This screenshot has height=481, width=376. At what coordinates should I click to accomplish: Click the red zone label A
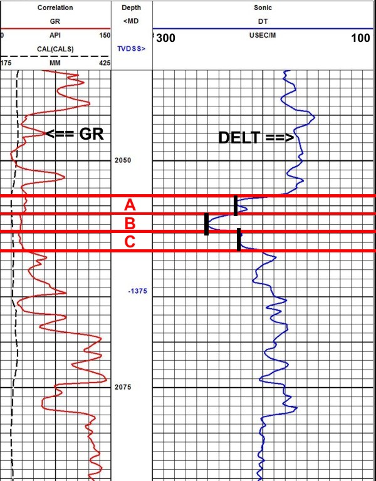[x=130, y=205]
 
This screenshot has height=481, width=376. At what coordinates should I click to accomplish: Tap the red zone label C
[x=130, y=242]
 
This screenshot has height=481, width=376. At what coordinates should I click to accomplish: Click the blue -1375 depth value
[x=137, y=292]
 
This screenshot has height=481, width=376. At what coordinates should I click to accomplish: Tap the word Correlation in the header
[x=55, y=8]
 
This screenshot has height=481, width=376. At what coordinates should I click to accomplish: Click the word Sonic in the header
[x=263, y=8]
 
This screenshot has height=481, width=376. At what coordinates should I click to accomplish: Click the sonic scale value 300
[x=166, y=38]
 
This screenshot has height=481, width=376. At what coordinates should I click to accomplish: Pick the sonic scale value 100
[x=360, y=38]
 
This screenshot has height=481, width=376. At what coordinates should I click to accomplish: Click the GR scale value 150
[x=105, y=36]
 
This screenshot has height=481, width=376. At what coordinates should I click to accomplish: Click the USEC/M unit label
[x=263, y=36]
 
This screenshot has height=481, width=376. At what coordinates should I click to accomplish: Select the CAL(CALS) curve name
[x=55, y=48]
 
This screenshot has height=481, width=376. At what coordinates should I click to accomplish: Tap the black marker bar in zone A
[x=236, y=205]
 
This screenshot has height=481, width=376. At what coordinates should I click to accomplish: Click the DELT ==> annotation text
[x=256, y=138]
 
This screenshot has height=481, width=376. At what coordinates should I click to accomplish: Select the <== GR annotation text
[x=73, y=133]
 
